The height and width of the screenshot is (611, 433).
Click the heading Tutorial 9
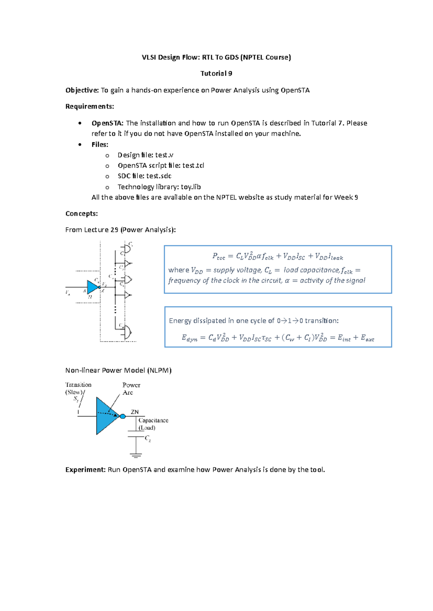(x=216, y=73)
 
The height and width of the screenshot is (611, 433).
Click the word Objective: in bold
(x=82, y=90)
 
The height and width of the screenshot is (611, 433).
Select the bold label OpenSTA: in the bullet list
(x=108, y=123)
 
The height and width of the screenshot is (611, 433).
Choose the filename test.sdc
(x=159, y=176)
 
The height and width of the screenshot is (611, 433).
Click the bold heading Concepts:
(x=82, y=214)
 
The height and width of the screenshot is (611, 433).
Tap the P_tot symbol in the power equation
(x=219, y=257)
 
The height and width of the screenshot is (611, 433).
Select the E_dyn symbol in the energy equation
(x=189, y=338)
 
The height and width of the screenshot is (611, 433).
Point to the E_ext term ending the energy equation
(x=367, y=338)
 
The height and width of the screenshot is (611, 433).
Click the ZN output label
(x=135, y=412)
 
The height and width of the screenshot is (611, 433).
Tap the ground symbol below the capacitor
(x=136, y=456)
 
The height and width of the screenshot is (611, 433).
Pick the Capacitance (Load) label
(x=153, y=424)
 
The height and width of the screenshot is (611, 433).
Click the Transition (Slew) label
(x=78, y=388)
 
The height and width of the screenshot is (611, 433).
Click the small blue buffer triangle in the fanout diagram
(x=93, y=287)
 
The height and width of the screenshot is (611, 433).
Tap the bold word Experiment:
(x=86, y=470)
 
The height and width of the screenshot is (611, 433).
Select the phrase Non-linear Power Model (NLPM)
(x=118, y=370)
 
